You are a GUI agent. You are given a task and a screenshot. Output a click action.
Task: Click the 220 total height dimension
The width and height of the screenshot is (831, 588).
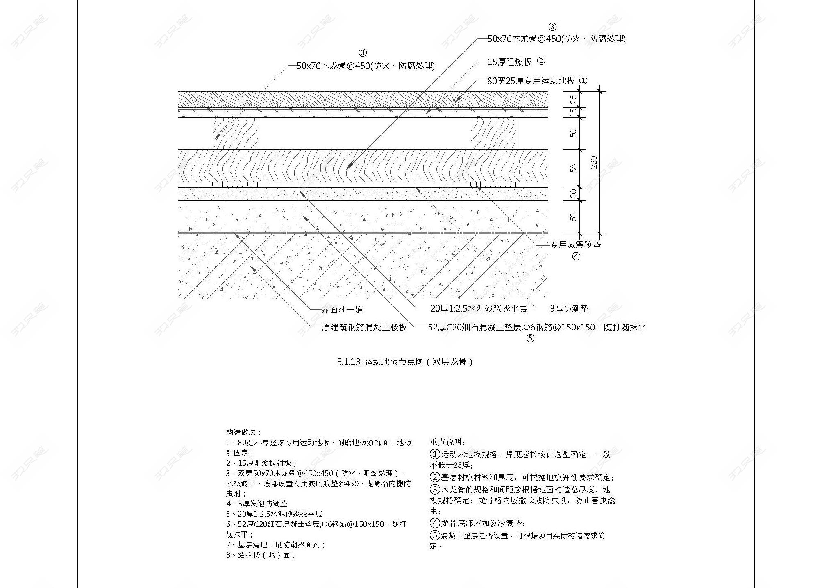click(594, 162)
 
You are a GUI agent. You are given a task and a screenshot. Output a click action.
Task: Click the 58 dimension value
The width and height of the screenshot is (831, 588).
click(574, 168)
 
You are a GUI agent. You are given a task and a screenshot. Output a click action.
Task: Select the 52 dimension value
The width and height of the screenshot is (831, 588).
click(574, 217)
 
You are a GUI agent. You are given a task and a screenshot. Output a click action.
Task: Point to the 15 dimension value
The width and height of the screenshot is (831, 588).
click(574, 111)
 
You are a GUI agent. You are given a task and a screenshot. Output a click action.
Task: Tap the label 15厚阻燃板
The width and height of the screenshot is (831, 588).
click(509, 62)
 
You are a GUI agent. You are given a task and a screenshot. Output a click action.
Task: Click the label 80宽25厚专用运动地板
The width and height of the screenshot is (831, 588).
click(531, 81)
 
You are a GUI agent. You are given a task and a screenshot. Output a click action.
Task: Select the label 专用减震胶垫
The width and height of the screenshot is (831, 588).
click(575, 245)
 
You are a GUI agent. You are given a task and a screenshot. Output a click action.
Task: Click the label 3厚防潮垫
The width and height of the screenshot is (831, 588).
click(569, 308)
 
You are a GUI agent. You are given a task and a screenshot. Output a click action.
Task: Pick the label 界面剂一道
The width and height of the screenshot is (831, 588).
click(342, 310)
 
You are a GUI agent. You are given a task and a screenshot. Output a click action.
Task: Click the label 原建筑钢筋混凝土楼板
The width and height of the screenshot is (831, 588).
click(364, 327)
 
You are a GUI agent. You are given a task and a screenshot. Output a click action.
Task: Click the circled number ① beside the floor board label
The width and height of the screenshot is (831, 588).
click(583, 81)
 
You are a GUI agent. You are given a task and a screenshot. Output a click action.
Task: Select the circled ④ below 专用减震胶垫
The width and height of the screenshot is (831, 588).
click(576, 256)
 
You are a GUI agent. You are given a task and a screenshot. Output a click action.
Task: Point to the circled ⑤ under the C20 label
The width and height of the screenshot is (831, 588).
click(530, 338)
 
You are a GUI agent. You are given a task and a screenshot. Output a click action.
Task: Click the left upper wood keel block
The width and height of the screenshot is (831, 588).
click(235, 133)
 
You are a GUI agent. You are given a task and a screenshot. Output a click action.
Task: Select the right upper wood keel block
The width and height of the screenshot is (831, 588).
click(493, 133)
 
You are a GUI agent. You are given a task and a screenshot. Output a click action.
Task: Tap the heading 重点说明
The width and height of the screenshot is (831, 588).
click(447, 442)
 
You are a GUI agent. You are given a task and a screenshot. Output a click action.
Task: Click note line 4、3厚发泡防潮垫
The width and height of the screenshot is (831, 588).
click(257, 504)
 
